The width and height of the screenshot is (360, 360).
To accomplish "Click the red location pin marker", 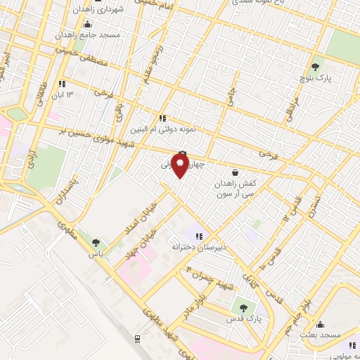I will [x=180, y=165].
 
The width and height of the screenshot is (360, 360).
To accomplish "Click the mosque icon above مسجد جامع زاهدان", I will [x=87, y=24].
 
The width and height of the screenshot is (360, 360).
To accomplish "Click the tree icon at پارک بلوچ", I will [x=316, y=67].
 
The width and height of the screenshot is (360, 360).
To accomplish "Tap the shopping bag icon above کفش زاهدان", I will [x=234, y=172].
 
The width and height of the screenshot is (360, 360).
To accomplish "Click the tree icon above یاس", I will [x=96, y=243].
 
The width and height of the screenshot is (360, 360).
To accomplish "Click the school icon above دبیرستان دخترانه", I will [x=199, y=236].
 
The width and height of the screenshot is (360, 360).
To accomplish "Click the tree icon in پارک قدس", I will [x=244, y=307].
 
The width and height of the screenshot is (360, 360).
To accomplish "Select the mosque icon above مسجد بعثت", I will [x=321, y=324].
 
